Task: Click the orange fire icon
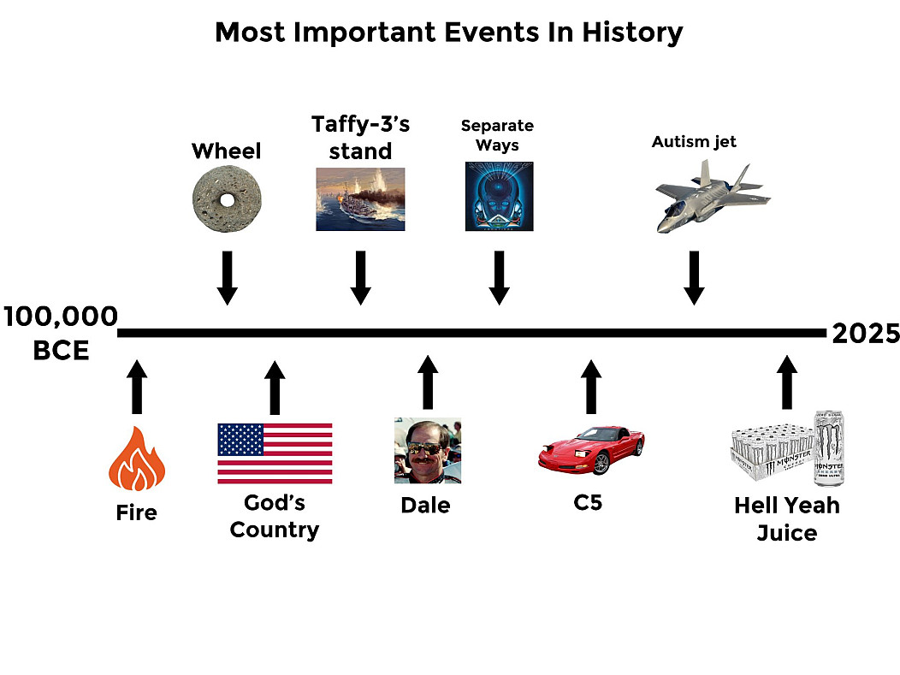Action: click(x=137, y=459)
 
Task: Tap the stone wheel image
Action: click(x=227, y=199)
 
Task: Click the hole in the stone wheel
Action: click(x=228, y=200)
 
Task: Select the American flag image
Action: click(x=275, y=453)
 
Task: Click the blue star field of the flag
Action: click(x=240, y=440)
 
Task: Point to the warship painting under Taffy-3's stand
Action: click(x=360, y=199)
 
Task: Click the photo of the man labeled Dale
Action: click(x=428, y=451)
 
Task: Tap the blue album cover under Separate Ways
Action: click(x=500, y=196)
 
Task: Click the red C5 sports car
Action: click(x=591, y=450)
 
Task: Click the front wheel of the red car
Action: click(x=601, y=463)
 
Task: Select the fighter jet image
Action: click(x=713, y=196)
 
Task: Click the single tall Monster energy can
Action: click(x=829, y=447)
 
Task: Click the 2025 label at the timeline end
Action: click(x=866, y=334)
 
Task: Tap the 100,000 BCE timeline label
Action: click(x=61, y=333)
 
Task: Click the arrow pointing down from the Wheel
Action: click(x=228, y=278)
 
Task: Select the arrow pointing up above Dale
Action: click(x=428, y=382)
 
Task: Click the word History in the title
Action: click(x=632, y=33)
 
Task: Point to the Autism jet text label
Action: click(x=694, y=142)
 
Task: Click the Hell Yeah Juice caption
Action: click(x=787, y=519)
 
